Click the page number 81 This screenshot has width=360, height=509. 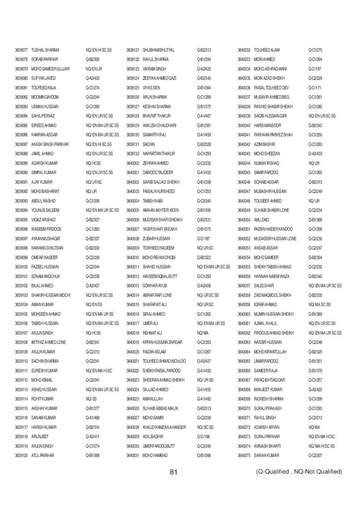coord(174,472)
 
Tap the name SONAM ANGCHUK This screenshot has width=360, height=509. coord(43,275)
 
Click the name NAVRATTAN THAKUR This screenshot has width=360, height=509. coord(158,154)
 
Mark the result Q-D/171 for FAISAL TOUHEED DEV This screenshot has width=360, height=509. coord(315,87)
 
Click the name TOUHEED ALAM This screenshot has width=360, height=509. coord(267,50)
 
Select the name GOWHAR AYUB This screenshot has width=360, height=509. coord(154,285)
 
